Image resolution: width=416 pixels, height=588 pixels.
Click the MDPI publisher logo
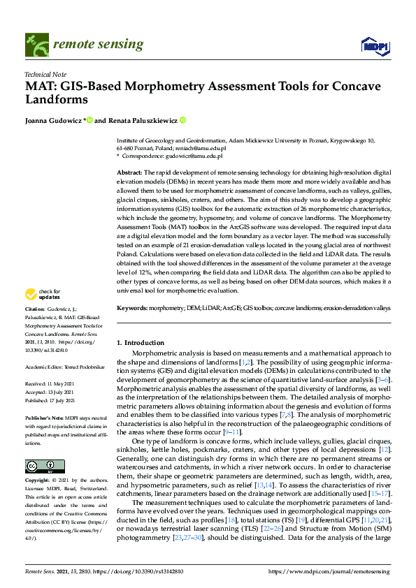(375, 45)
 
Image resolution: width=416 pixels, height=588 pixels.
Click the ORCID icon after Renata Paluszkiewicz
(183, 120)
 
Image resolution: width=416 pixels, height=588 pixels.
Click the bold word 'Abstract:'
(129, 172)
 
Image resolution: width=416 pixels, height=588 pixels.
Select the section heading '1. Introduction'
(140, 343)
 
